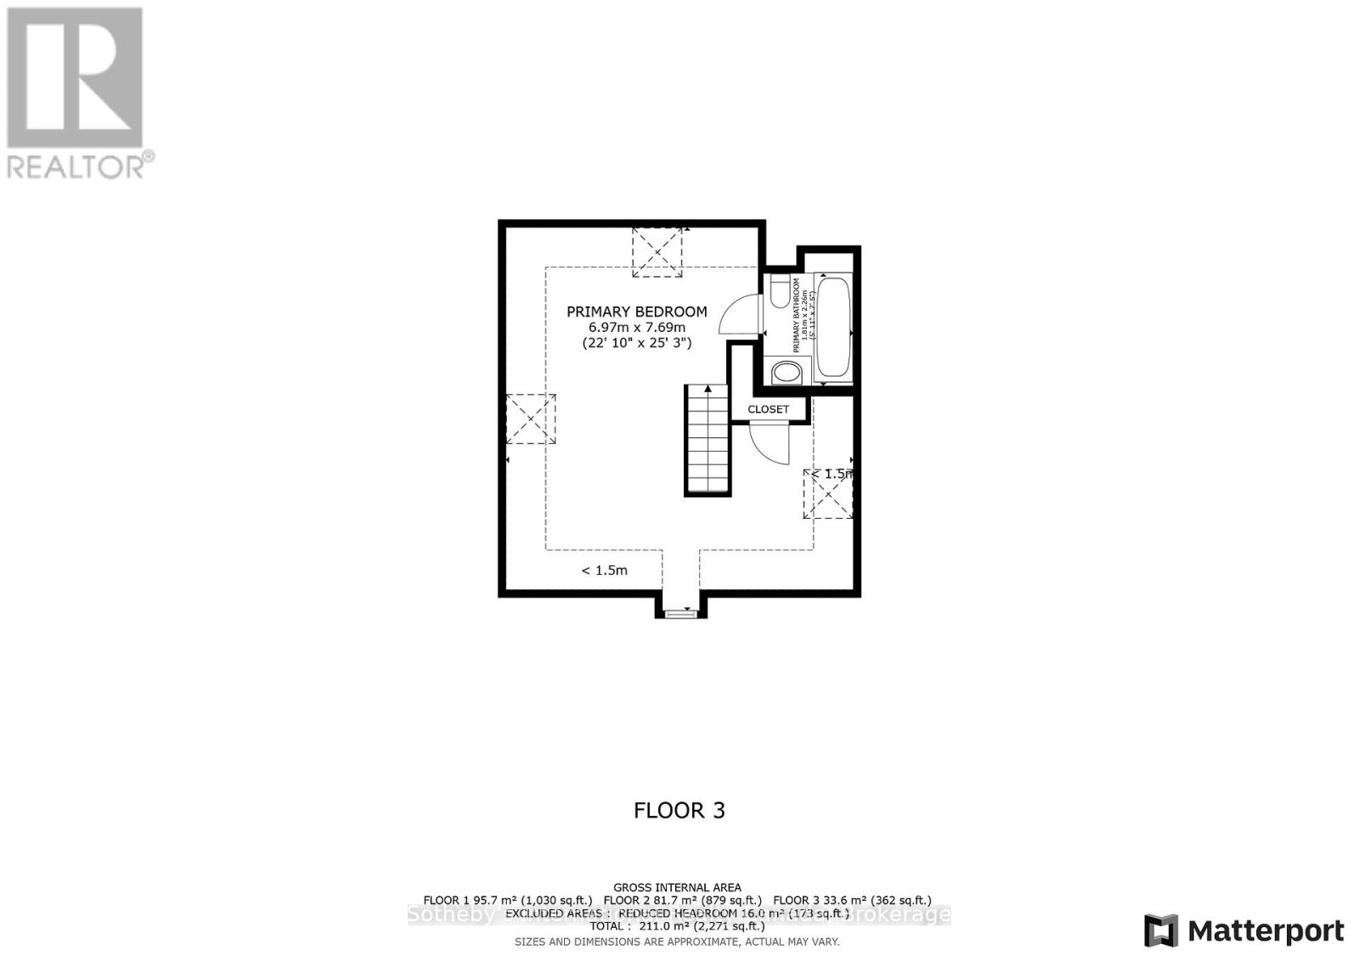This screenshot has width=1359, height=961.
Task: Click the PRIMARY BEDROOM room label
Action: pos(636,312)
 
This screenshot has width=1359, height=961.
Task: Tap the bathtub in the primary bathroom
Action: pos(832,328)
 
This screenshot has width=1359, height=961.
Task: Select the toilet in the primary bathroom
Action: pos(780,291)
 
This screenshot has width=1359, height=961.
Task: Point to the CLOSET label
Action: pos(768,409)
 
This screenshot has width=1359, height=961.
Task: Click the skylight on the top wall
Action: pos(657,251)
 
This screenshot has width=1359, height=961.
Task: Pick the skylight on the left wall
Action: pos(531,419)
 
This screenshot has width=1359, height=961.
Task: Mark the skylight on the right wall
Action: pos(828,493)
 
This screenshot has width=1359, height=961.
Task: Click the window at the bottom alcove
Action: pos(679,611)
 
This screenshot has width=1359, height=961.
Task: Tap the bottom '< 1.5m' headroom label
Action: pos(604,570)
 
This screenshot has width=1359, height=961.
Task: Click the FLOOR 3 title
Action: pos(679,810)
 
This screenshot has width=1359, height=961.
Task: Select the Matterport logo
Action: pos(1244,930)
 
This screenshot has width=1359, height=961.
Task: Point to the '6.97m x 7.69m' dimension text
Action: pos(636,328)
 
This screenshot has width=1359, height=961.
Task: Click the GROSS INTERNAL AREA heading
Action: pos(677,887)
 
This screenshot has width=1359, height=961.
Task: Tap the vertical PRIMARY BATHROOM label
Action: pos(797,315)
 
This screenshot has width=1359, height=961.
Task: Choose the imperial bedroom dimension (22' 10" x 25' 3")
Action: pos(636,344)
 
